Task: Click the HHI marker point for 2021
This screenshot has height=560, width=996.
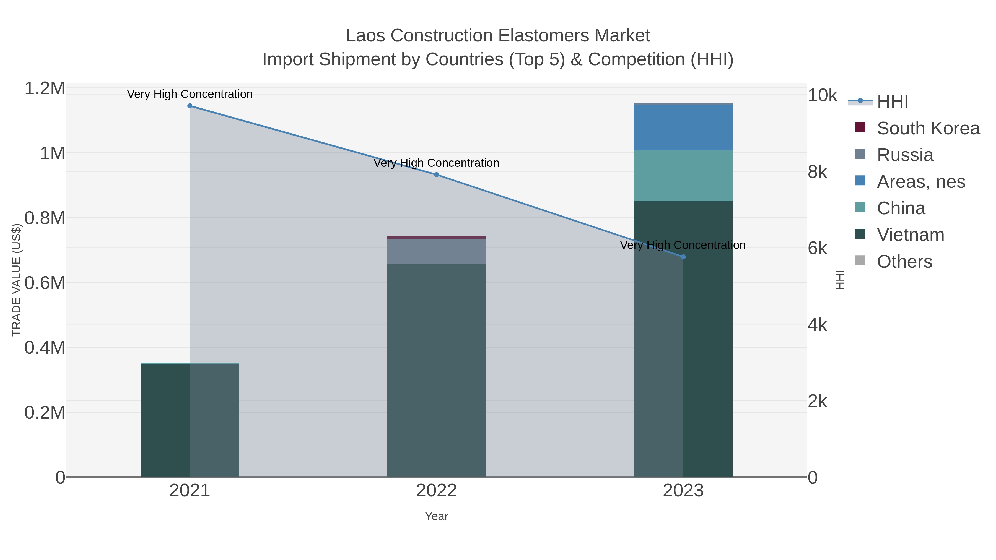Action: click(x=190, y=106)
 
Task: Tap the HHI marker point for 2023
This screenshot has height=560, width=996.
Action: click(x=683, y=257)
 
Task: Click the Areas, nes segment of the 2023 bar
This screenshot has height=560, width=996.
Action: click(x=683, y=127)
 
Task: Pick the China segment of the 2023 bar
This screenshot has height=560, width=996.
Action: click(x=683, y=176)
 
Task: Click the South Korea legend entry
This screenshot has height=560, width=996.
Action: click(x=928, y=128)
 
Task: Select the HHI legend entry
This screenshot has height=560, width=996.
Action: click(x=892, y=102)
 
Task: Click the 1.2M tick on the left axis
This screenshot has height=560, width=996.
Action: click(x=45, y=88)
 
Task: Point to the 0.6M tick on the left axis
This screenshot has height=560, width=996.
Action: click(x=45, y=283)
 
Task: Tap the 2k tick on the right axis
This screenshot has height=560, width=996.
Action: click(x=817, y=402)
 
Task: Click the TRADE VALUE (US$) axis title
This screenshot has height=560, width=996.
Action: click(x=17, y=280)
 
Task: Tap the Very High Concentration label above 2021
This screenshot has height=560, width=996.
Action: click(x=190, y=94)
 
